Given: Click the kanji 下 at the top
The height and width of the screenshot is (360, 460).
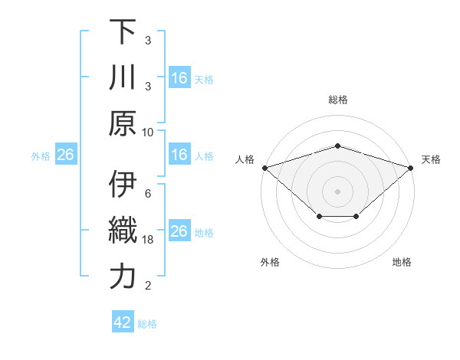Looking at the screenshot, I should (123, 31).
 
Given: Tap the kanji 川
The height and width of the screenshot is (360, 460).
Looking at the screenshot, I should (123, 77).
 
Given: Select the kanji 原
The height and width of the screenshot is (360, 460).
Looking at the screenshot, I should (123, 123).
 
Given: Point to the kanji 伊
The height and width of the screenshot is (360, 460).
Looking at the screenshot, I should (123, 185).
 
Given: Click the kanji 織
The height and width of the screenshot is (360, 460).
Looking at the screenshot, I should (123, 231).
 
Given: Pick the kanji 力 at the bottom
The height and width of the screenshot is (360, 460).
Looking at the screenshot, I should (123, 277).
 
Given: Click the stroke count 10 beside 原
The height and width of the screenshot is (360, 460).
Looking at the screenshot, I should (148, 131).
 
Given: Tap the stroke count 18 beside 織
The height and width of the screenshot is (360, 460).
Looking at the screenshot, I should (148, 239).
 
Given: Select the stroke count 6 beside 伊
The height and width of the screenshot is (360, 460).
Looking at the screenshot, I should (147, 193).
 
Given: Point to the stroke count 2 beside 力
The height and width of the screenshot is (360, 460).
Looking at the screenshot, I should (147, 286).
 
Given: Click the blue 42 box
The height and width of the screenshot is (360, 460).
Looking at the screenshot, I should (123, 322).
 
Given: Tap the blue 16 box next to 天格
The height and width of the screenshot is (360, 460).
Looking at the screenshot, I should (179, 78).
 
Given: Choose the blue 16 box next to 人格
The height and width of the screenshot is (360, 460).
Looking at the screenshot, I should (179, 155).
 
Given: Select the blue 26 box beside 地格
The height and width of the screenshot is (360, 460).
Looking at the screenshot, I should (179, 231).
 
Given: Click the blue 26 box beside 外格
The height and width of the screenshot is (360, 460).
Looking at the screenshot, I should (65, 155).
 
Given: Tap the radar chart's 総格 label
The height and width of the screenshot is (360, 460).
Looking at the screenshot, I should (337, 100).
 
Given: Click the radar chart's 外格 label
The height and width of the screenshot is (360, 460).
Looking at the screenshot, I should (270, 262).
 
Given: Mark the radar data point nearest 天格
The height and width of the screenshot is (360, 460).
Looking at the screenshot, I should (411, 167).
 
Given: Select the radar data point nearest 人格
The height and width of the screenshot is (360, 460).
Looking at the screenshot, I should (264, 167).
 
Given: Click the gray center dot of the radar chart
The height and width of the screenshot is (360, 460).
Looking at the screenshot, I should (337, 191).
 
